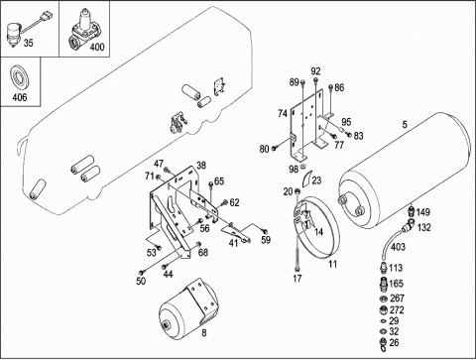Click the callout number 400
[x=97, y=47]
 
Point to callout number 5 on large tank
[x=405, y=125]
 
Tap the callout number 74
[x=283, y=113]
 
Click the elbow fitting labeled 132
[x=409, y=226]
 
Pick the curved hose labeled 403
[x=390, y=244]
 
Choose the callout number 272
[x=397, y=310]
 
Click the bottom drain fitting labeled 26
[x=383, y=344]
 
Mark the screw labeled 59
[x=264, y=231]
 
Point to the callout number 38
[x=201, y=166]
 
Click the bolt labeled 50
[x=142, y=272]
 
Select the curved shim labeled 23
[x=306, y=179]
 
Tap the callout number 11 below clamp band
[x=332, y=264]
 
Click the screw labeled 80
[x=275, y=149]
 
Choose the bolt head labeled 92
[x=316, y=80]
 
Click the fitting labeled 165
[x=383, y=284]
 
